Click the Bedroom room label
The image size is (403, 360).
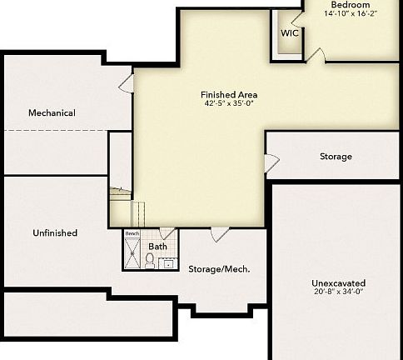point(351,5)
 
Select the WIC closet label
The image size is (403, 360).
point(290,33)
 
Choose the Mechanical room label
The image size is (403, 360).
point(52,113)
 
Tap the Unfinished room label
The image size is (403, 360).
point(55,233)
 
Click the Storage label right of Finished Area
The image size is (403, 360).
point(336,157)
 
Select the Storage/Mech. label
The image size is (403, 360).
point(219,269)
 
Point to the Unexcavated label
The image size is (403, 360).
point(339,283)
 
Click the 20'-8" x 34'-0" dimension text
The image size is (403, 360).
point(339,292)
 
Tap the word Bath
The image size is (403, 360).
point(157,247)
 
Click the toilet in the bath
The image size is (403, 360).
point(150,262)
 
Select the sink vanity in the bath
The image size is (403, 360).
point(167,264)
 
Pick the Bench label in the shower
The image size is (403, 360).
point(132,234)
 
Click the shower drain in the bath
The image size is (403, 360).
point(133,254)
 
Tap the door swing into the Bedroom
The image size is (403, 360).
point(316,55)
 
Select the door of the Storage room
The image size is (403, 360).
point(271,163)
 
